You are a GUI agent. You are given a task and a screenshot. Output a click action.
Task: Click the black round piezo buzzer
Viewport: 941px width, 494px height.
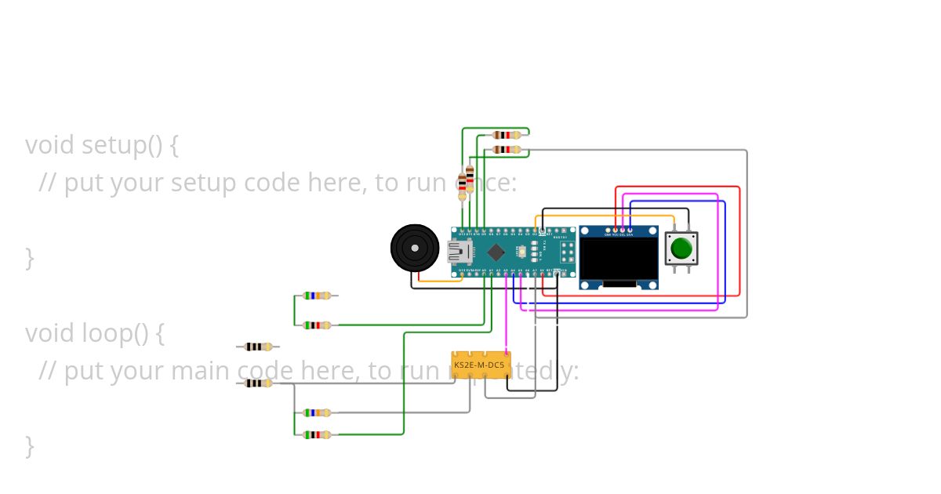point(415,249)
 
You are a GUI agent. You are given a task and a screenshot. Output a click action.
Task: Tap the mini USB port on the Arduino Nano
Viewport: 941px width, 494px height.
point(457,252)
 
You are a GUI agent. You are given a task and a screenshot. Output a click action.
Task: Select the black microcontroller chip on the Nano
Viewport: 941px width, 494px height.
point(496,252)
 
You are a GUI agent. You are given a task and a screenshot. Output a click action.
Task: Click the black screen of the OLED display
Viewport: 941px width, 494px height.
point(618,259)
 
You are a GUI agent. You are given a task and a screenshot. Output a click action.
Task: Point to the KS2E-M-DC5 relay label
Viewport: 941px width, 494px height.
point(479,365)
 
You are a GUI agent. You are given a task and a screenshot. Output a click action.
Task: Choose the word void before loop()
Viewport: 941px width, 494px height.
point(49,333)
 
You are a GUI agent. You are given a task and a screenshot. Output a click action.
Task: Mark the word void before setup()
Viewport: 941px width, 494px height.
point(49,145)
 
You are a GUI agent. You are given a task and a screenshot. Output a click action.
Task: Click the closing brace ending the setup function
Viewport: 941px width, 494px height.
point(29,258)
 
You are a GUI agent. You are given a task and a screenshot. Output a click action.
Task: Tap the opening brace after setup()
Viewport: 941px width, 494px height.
point(173,146)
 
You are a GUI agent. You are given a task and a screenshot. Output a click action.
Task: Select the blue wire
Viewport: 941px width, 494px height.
point(725,251)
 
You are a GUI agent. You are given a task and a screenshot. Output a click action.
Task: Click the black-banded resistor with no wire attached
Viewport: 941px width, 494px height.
point(258,347)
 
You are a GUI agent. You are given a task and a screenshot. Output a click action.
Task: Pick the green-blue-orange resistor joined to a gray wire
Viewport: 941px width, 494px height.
point(317,412)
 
